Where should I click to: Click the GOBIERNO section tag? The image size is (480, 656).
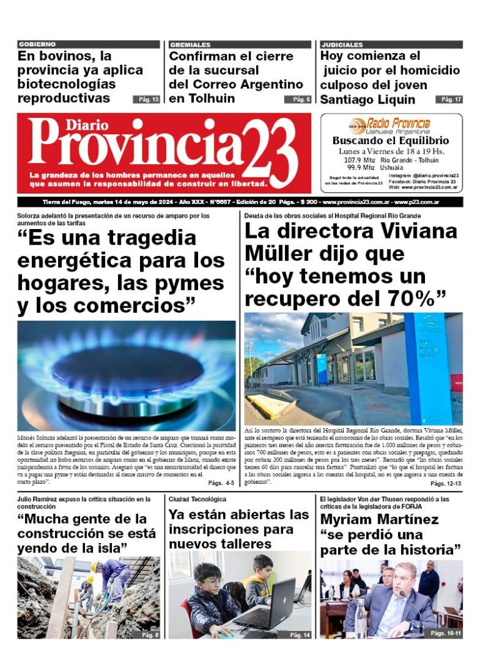(37, 44)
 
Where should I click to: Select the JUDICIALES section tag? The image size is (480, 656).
(342, 44)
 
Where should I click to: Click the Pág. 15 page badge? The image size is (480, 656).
(146, 99)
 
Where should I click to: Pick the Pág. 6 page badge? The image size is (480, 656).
(297, 99)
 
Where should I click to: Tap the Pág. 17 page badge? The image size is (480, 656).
(449, 99)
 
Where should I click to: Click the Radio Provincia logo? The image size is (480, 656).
(391, 124)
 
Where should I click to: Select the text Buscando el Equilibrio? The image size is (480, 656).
(391, 141)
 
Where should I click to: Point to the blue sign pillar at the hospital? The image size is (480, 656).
(427, 368)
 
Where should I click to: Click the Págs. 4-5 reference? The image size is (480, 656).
(221, 483)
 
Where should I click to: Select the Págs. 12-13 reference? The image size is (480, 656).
(446, 483)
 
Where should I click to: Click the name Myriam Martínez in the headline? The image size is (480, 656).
(379, 519)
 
